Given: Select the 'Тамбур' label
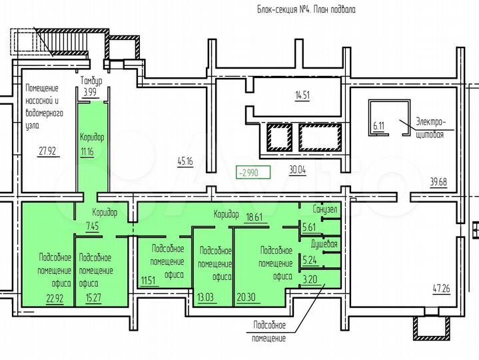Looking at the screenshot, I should click(92, 81).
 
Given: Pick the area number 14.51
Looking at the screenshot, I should click(302, 95).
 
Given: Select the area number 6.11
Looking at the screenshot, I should click(379, 125).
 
